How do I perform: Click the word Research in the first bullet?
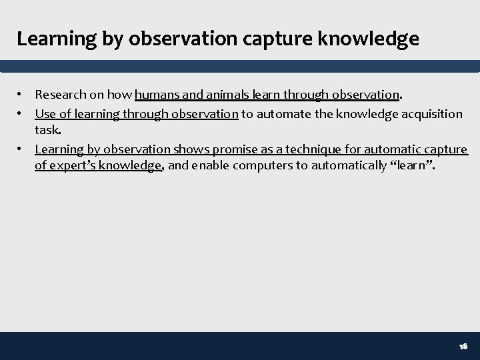(60, 95)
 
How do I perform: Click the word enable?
(208, 166)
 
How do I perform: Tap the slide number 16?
(463, 347)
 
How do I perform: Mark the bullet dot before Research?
(22, 95)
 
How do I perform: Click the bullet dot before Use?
(22, 114)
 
